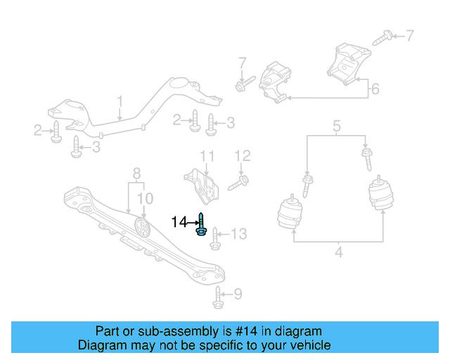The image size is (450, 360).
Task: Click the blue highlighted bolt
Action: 201,225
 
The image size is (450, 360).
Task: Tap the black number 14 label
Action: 179,223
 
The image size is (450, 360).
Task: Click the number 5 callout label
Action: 337,127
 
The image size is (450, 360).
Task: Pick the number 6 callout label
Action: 375,89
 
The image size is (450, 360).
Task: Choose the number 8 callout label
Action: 137,172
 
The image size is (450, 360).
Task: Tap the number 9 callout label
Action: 237,294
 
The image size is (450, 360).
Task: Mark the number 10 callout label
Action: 144,198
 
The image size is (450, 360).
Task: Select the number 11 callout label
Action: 206,155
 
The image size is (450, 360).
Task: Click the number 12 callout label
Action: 242,155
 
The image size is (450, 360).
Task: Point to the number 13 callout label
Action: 239,233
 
